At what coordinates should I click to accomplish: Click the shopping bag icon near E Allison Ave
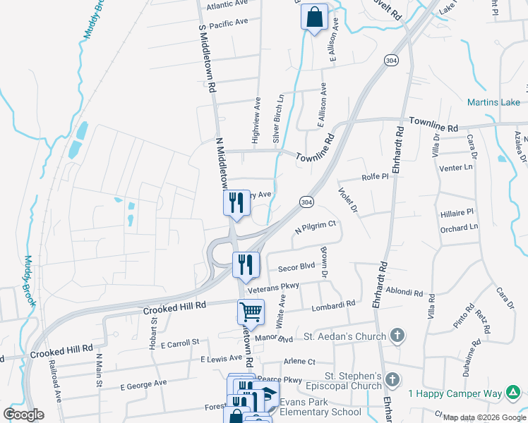pyautogui.click(x=315, y=17)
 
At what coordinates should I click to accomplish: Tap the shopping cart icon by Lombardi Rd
pyautogui.click(x=251, y=311)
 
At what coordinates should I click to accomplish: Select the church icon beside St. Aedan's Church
pyautogui.click(x=397, y=336)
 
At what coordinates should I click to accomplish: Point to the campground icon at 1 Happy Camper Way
pyautogui.click(x=512, y=392)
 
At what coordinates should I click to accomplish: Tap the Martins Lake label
pyautogui.click(x=493, y=103)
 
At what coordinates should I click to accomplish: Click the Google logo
pyautogui.click(x=23, y=414)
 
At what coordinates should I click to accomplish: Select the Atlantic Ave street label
pyautogui.click(x=228, y=5)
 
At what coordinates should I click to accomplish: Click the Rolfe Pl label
pyautogui.click(x=375, y=178)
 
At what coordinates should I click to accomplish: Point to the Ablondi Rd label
pyautogui.click(x=404, y=292)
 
